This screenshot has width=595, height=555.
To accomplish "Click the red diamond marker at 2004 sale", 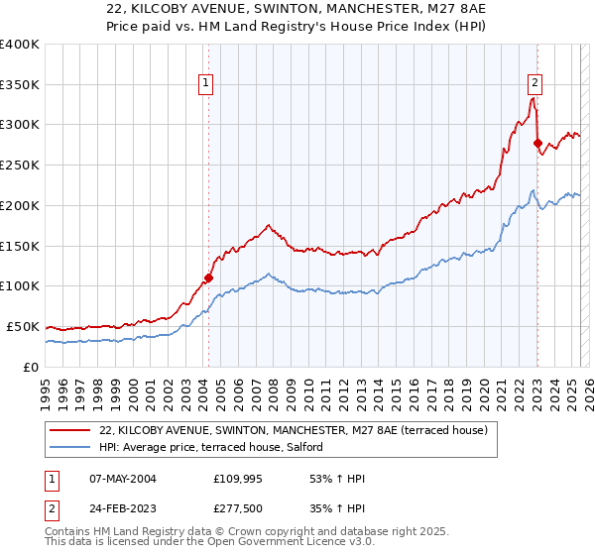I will [208, 277].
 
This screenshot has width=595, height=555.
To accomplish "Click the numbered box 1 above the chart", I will [204, 83].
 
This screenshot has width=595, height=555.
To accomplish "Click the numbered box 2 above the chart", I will [535, 83].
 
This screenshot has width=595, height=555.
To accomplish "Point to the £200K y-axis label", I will [19, 205].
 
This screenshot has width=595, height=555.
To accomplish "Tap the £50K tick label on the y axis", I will [23, 326].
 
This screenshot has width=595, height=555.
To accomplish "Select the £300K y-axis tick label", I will [19, 125].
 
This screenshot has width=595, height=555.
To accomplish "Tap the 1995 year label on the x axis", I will [46, 388].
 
